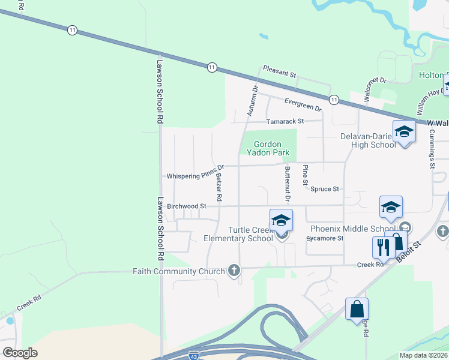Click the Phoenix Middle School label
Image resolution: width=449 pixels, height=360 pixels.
352,229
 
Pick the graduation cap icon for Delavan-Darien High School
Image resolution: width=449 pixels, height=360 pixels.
404,132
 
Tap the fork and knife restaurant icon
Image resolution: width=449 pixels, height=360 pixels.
382,247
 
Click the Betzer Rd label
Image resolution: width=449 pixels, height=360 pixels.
219,187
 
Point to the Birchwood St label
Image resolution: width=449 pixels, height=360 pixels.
187,206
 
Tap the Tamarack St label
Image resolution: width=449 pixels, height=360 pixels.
285,121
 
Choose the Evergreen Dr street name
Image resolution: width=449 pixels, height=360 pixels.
303,104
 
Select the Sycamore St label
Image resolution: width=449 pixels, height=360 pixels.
325,238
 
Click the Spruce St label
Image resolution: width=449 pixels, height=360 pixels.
325,189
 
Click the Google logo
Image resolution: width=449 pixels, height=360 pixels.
20,353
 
